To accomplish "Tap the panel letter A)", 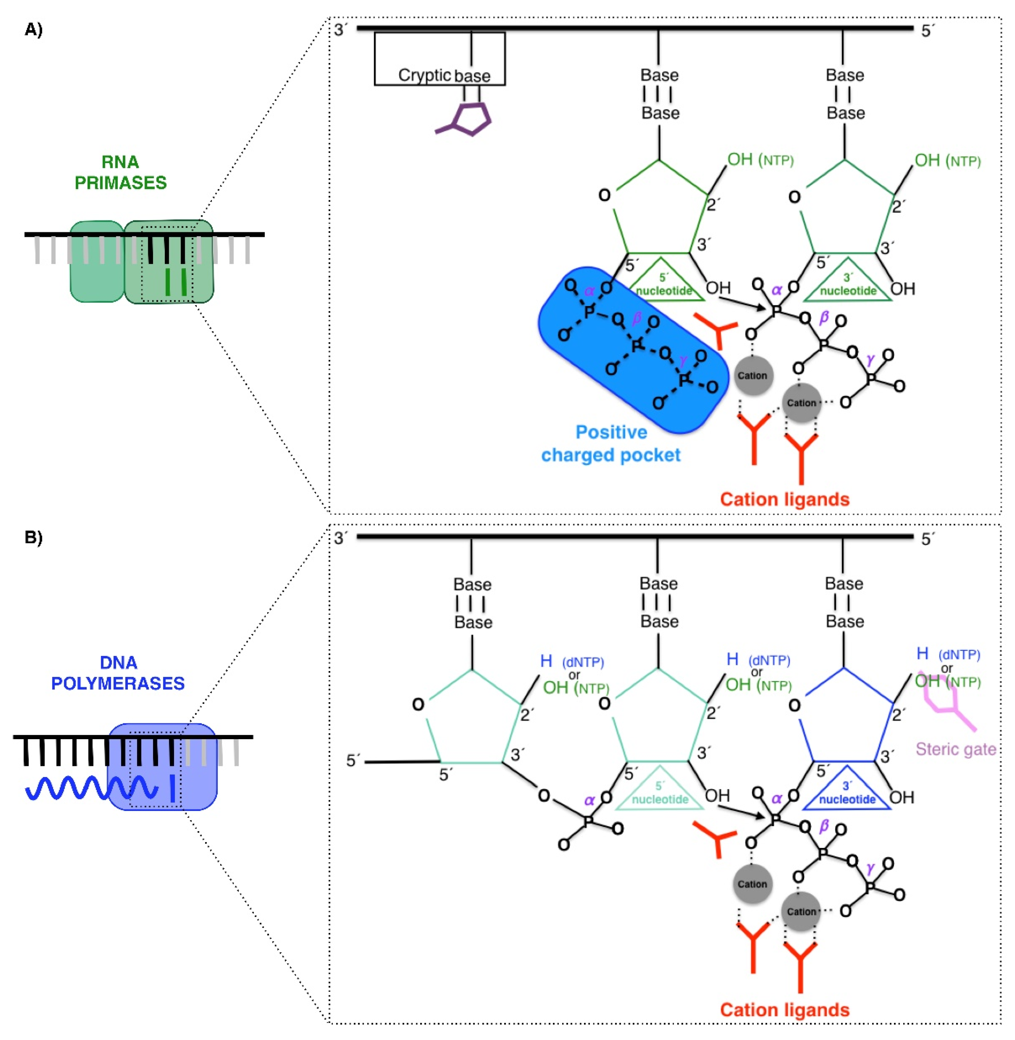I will click(33, 30).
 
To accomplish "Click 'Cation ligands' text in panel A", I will click(784, 499).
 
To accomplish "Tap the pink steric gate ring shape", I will click(944, 693).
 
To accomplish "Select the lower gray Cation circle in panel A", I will click(801, 403).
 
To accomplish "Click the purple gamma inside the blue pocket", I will click(684, 363).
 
